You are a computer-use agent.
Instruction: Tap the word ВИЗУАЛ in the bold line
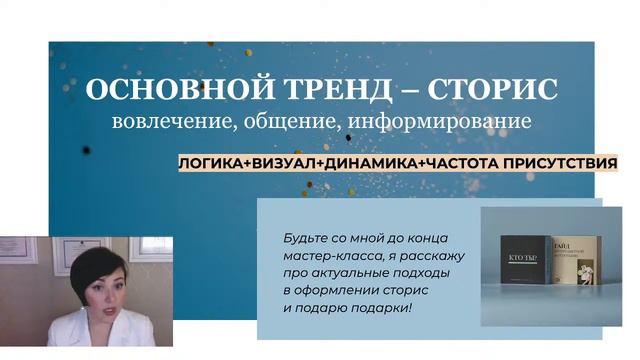[283, 162]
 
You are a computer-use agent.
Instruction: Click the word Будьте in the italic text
[305, 238]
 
